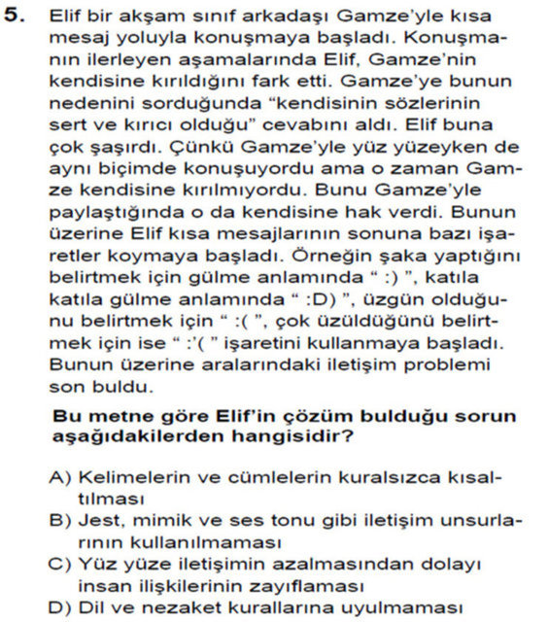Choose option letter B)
point(60,521)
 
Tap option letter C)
point(60,564)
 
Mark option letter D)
point(60,606)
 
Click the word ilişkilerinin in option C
point(171,585)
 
